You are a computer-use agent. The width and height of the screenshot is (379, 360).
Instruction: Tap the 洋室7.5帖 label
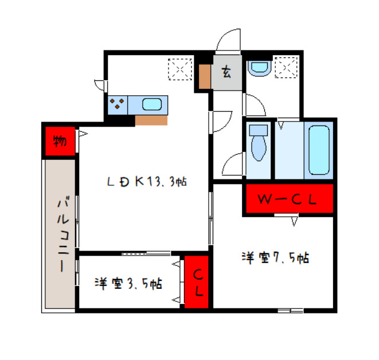(275, 257)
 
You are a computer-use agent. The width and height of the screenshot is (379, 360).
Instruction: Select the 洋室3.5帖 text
(128, 283)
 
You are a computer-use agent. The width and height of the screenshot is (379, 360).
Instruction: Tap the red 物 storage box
(59, 140)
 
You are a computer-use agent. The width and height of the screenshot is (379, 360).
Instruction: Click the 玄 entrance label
(226, 72)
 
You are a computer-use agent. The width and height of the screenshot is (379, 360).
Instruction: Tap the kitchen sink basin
(152, 105)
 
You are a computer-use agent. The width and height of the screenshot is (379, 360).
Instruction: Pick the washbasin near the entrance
(259, 68)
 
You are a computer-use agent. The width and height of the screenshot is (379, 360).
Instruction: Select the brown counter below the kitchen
(151, 120)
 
